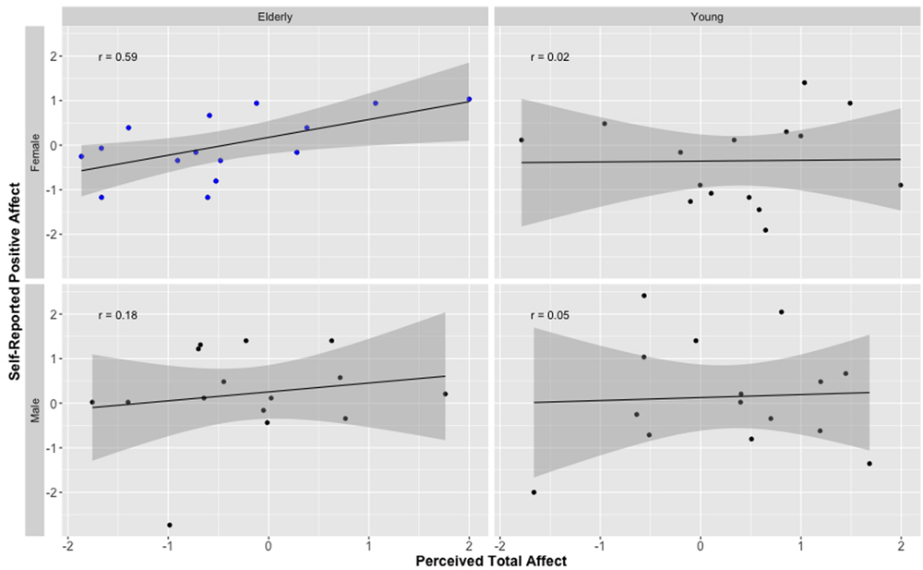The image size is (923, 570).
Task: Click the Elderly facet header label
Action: (x=275, y=17)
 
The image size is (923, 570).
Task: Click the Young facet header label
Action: (x=707, y=17)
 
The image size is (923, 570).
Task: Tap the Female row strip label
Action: (x=35, y=152)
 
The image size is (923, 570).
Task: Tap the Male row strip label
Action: (x=35, y=409)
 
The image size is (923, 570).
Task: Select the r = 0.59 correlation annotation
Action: (x=117, y=57)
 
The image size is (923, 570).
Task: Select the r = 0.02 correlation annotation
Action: (x=550, y=57)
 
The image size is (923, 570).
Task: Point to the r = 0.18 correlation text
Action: (x=117, y=315)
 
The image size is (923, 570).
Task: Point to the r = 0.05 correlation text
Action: (x=550, y=315)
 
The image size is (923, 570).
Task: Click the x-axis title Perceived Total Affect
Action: (x=491, y=560)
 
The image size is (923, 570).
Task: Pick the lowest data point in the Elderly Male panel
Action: (x=169, y=525)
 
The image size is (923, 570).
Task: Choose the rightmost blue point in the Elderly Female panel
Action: (x=469, y=99)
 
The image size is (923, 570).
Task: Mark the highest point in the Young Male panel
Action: (x=644, y=296)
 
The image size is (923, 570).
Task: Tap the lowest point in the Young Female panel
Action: (x=765, y=230)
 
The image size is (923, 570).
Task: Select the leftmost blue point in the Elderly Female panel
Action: (x=81, y=156)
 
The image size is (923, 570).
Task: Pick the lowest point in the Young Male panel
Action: (x=533, y=492)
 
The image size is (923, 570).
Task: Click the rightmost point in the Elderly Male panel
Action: (x=445, y=394)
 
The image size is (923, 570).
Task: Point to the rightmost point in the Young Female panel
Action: (x=900, y=185)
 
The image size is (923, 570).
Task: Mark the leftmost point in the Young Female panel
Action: (x=521, y=140)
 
